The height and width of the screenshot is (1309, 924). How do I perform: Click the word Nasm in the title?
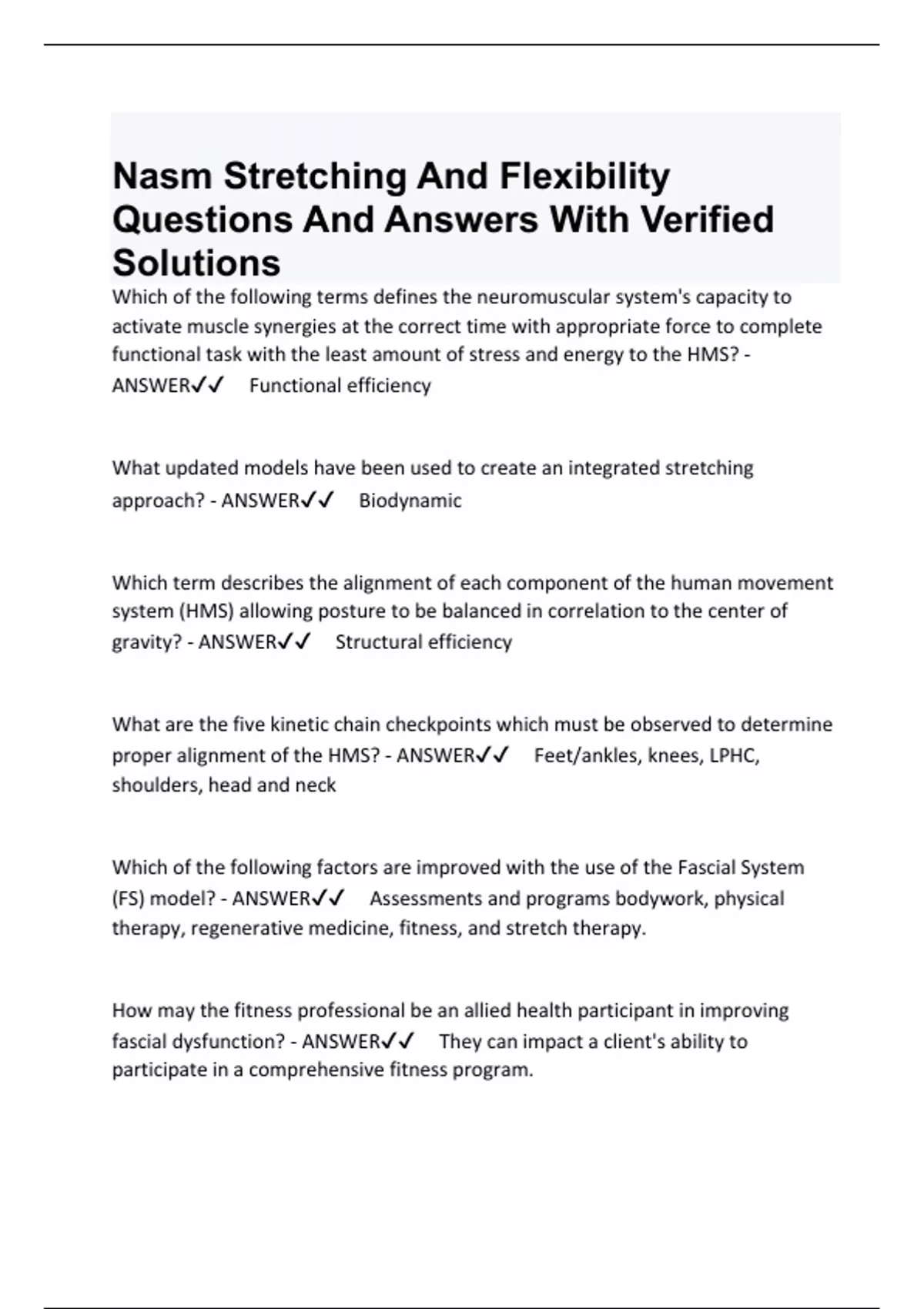click(x=162, y=176)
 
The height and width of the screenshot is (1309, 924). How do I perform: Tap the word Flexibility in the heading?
click(x=584, y=176)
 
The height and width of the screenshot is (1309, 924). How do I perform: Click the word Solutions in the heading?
click(x=196, y=263)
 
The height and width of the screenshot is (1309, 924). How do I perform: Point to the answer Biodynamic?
click(x=410, y=500)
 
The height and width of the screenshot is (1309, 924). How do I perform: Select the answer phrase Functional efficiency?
click(x=340, y=385)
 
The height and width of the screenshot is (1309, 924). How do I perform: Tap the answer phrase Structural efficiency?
click(x=423, y=642)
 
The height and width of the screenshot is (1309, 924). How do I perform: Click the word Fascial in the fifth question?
click(x=706, y=868)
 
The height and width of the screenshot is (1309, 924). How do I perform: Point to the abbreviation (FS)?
click(x=128, y=899)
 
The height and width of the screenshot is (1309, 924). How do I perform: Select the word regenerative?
click(x=246, y=929)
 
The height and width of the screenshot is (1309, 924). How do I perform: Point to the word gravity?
click(x=145, y=642)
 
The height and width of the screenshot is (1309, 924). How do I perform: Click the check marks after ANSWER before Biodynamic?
click(x=317, y=500)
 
